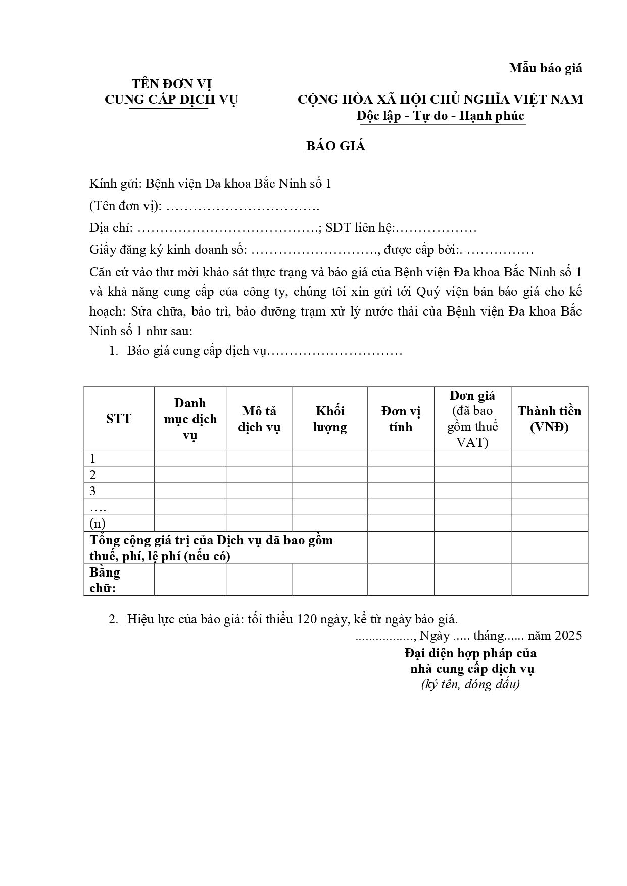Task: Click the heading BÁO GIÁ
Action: click(x=335, y=146)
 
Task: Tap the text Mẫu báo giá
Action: click(x=545, y=68)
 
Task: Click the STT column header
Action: click(x=119, y=419)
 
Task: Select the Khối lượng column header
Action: click(x=330, y=419)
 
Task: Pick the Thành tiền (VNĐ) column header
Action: click(x=549, y=419)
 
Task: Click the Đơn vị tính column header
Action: click(x=401, y=419)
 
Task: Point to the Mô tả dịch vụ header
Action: click(x=259, y=419)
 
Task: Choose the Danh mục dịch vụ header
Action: click(x=190, y=419)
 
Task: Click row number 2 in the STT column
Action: click(x=93, y=475)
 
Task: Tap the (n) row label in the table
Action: click(x=98, y=523)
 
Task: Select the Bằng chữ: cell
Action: click(x=105, y=580)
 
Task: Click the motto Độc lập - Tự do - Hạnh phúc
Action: click(x=441, y=116)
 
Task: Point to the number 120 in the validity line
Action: click(x=307, y=619)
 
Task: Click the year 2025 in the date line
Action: click(x=568, y=635)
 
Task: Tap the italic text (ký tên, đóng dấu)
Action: click(x=470, y=685)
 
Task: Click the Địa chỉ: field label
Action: click(x=111, y=228)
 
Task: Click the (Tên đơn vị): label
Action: click(x=125, y=205)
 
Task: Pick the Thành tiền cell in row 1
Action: click(x=549, y=458)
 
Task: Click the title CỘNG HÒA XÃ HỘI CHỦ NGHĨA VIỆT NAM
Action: click(x=440, y=99)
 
